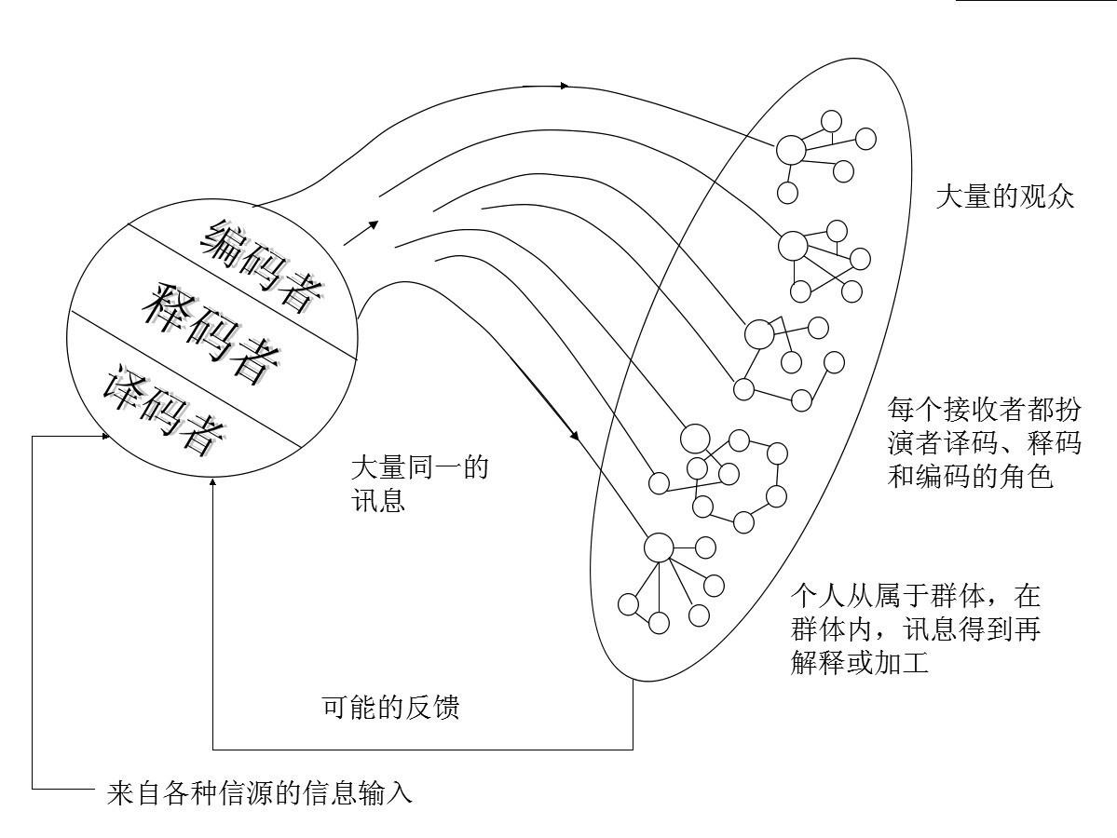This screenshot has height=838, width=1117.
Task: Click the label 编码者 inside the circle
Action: pos(261,264)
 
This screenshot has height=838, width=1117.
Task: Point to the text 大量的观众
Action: pos(1004,196)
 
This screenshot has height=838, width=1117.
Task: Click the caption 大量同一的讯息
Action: pos(419,484)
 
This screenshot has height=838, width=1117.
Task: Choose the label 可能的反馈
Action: pos(391,707)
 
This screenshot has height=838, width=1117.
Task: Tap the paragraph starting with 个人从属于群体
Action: pos(916,629)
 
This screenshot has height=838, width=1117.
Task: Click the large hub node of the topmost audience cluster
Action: pos(790,150)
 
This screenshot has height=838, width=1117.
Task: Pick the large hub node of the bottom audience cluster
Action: pos(659,547)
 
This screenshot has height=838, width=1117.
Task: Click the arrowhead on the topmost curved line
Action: pos(565,86)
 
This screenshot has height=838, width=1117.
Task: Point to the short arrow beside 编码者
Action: pos(361,233)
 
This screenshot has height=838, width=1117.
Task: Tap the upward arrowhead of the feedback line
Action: pos(213,484)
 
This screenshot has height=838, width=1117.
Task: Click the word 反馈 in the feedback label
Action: pos(433,707)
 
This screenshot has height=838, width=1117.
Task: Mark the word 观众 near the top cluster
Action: pos(1046,196)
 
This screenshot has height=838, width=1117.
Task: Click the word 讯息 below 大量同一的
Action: pos(378,501)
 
